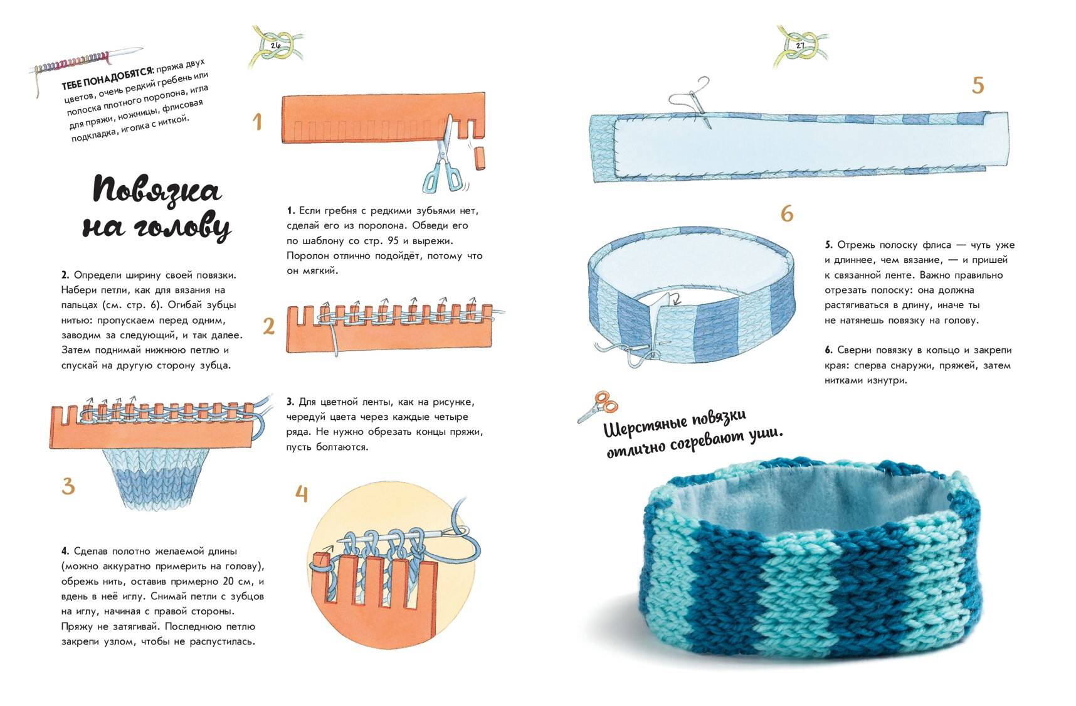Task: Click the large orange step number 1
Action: pyautogui.click(x=256, y=121)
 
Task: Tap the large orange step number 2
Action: pyautogui.click(x=269, y=326)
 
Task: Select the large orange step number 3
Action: pyautogui.click(x=68, y=486)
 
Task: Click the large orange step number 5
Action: pyautogui.click(x=978, y=85)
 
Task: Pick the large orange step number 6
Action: pyautogui.click(x=787, y=214)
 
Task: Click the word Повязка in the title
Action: pyautogui.click(x=157, y=190)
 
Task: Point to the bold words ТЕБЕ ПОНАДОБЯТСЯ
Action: pyautogui.click(x=107, y=78)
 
